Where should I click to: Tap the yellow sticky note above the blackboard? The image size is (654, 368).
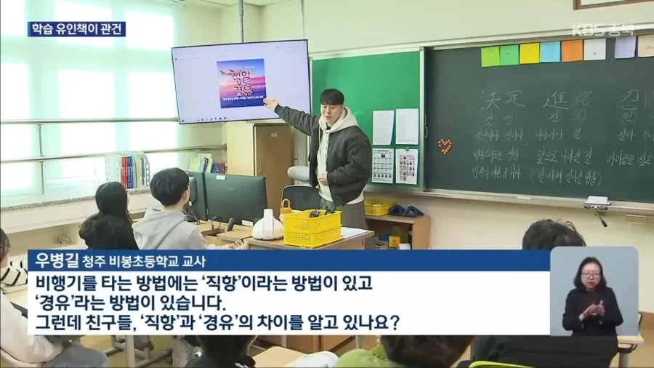coord(529,52)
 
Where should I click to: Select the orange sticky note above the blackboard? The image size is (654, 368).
coord(572,50)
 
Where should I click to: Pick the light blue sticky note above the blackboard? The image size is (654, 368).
coord(550,52)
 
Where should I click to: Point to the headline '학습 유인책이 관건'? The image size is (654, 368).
coord(76,29)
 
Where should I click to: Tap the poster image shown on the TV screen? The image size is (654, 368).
coord(241,83)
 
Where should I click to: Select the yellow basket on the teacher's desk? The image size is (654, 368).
coord(312,227)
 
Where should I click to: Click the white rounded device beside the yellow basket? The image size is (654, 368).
coord(267,225)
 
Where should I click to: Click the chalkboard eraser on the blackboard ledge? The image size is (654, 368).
coord(597,201)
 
